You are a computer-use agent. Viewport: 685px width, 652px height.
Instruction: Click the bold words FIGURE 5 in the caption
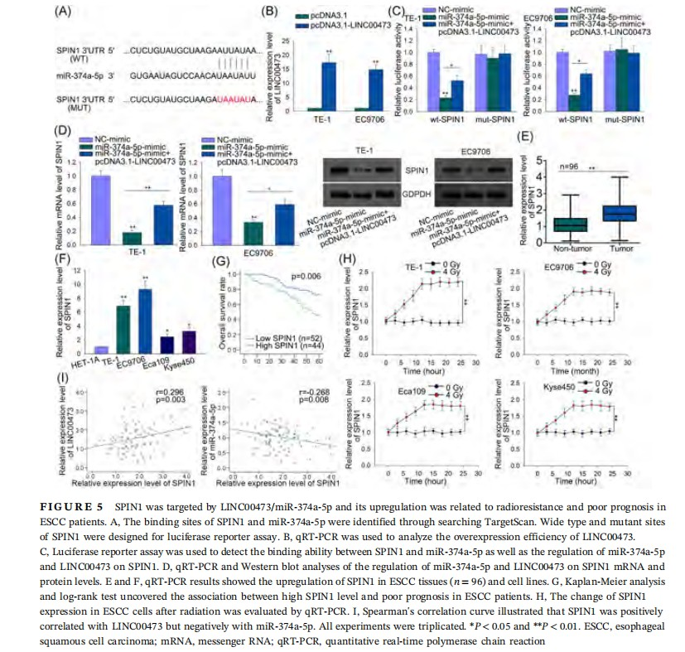pyautogui.click(x=66, y=504)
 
